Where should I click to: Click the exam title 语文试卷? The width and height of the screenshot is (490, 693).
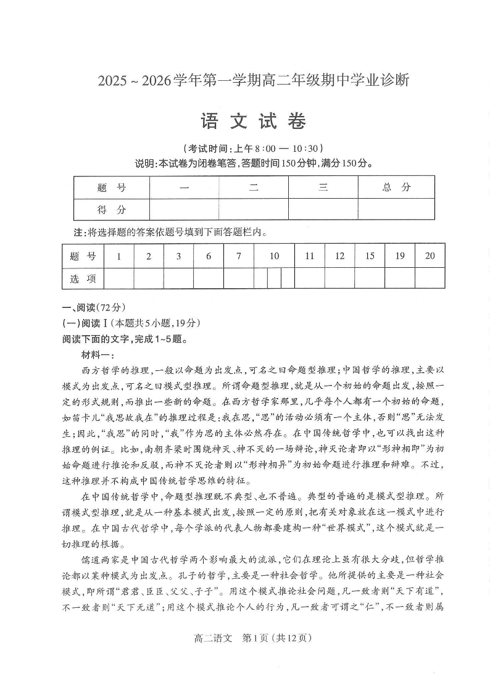pyautogui.click(x=254, y=122)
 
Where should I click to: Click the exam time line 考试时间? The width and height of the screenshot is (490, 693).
pyautogui.click(x=254, y=149)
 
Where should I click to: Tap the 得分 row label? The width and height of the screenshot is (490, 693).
pyautogui.click(x=111, y=210)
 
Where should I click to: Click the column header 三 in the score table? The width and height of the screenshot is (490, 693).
pyautogui.click(x=323, y=188)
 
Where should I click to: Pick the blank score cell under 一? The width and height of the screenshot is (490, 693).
pyautogui.click(x=184, y=210)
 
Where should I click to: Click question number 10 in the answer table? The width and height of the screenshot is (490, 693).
pyautogui.click(x=274, y=256)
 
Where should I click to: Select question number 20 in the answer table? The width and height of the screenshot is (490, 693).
pyautogui.click(x=430, y=256)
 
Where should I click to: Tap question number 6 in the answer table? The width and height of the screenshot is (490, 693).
pyautogui.click(x=209, y=256)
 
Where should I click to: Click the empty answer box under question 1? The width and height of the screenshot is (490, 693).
pyautogui.click(x=118, y=278)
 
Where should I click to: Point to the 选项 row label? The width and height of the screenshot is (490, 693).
pyautogui.click(x=83, y=278)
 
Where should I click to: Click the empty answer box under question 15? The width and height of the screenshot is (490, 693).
pyautogui.click(x=369, y=278)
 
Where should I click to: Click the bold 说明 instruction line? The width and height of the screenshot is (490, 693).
pyautogui.click(x=254, y=164)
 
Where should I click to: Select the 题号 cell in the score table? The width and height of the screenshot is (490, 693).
pyautogui.click(x=111, y=188)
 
